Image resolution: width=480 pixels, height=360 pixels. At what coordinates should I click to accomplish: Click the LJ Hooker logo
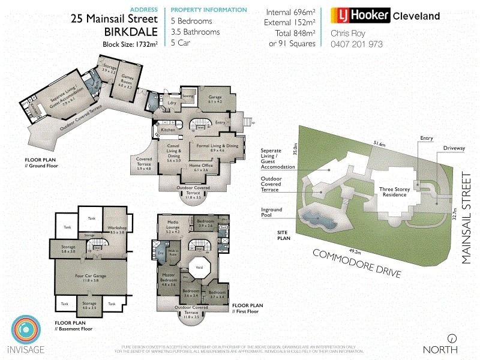pos(361,16)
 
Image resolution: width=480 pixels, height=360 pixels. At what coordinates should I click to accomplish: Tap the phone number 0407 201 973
pos(357,44)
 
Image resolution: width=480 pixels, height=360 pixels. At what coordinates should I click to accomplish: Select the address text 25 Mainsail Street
pos(115,19)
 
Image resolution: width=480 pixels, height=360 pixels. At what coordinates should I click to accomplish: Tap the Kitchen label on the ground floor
pos(167,130)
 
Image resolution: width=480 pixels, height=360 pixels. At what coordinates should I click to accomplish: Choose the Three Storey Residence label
pos(394,191)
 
